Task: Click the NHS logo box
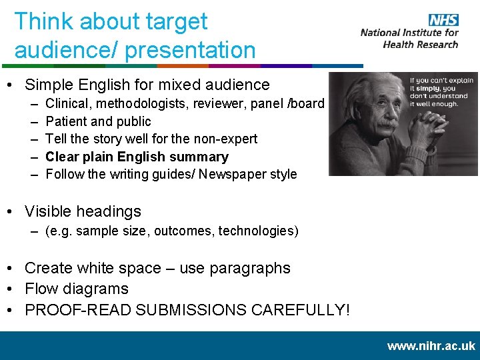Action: (x=444, y=20)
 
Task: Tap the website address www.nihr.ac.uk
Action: (x=431, y=346)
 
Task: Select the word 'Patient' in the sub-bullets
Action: (x=65, y=121)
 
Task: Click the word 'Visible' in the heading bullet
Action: (x=49, y=211)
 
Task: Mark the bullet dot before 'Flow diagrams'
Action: (x=13, y=289)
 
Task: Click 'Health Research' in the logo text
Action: (x=421, y=45)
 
